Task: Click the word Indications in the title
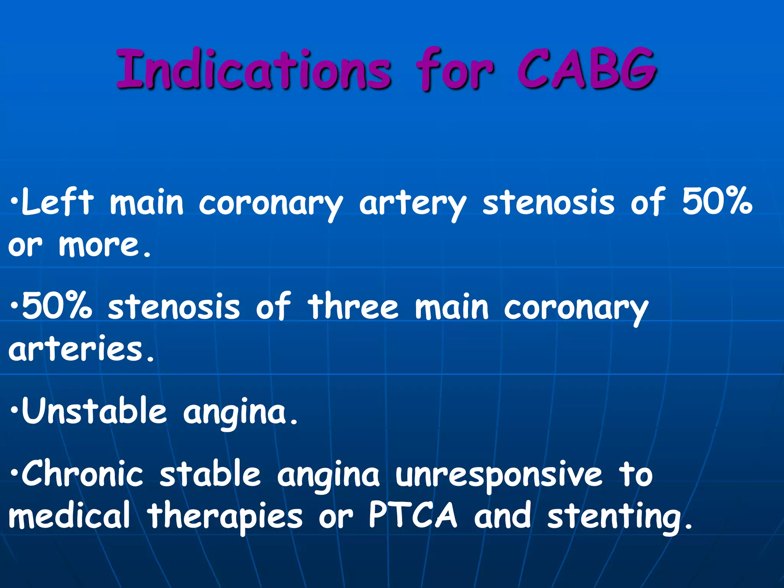tap(253, 70)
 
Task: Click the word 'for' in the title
tap(455, 70)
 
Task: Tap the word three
tap(353, 306)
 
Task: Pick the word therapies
tap(225, 517)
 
